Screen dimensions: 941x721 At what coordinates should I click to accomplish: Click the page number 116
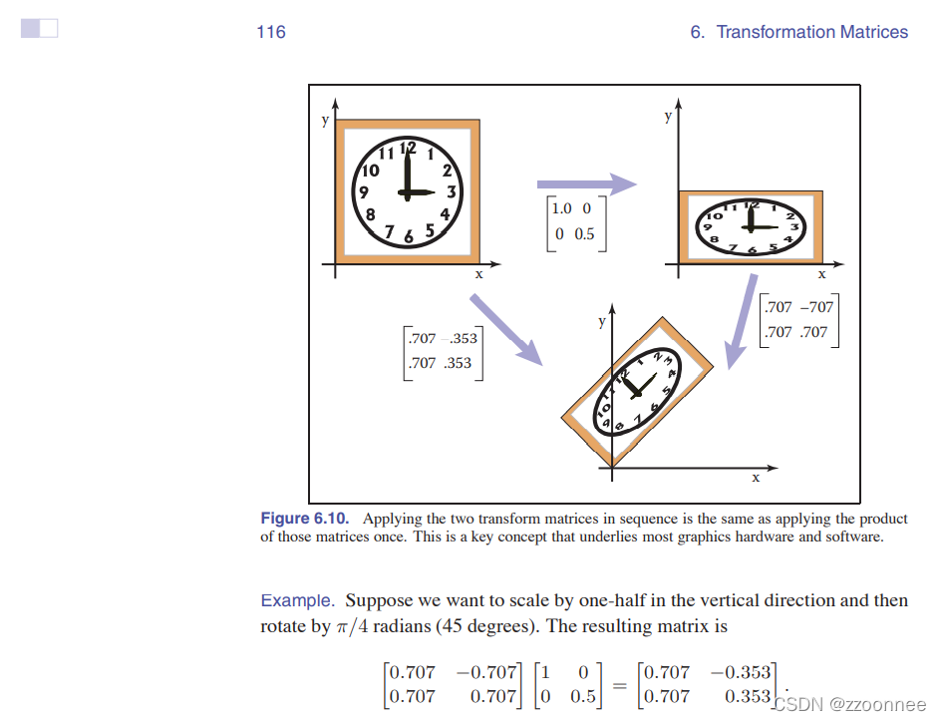(x=270, y=32)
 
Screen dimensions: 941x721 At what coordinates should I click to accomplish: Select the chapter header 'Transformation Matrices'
(x=811, y=32)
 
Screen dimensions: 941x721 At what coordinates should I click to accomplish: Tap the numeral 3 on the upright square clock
(x=452, y=191)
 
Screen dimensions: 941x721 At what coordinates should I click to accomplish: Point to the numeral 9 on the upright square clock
(x=365, y=192)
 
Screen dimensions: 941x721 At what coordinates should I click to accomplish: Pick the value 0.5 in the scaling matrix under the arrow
(x=584, y=234)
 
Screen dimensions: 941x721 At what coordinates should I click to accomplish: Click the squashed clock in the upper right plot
(x=751, y=226)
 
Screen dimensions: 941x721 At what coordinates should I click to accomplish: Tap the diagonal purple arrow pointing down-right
(x=505, y=330)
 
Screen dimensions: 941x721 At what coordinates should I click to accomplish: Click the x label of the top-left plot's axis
(x=478, y=274)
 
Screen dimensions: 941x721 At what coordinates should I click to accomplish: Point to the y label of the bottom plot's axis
(x=601, y=321)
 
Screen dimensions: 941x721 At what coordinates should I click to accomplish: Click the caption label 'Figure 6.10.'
(x=305, y=519)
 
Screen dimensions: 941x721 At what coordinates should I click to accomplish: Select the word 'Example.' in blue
(x=297, y=600)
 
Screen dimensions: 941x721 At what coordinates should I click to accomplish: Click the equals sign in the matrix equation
(x=619, y=684)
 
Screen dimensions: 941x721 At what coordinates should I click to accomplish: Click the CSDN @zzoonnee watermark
(x=851, y=704)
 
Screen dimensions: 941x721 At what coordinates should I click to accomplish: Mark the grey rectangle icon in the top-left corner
(x=39, y=29)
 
